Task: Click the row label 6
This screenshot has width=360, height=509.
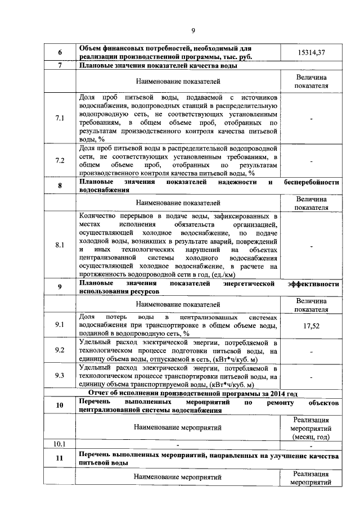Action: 60,52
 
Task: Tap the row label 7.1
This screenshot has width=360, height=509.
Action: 60,118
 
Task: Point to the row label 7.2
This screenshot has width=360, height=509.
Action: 60,161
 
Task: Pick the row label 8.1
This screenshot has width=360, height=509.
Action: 60,245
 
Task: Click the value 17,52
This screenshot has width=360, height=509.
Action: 312,325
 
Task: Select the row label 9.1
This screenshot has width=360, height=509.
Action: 60,325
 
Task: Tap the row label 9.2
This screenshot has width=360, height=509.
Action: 60,350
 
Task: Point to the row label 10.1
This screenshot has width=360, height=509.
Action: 60,444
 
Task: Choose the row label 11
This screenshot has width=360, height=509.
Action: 60,458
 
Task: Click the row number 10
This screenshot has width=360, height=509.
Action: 60,405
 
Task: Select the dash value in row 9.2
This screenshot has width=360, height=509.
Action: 312,351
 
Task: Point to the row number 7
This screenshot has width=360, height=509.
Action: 60,66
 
